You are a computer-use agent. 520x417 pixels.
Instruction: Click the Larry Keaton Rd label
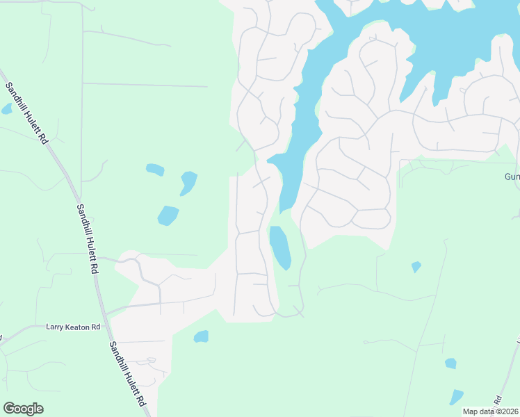click(73, 327)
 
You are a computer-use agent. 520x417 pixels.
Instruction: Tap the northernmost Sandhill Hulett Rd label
click(27, 113)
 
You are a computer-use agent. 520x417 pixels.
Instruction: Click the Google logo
click(23, 409)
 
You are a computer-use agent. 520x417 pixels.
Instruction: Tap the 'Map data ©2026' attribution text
click(491, 411)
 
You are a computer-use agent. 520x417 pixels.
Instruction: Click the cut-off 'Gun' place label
click(512, 177)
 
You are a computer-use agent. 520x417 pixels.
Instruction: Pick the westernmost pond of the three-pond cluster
click(155, 169)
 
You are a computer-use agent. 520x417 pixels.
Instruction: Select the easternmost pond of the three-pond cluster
click(188, 183)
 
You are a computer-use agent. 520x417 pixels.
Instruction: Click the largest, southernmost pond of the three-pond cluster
click(168, 215)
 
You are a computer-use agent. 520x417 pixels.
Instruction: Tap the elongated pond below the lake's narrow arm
click(280, 247)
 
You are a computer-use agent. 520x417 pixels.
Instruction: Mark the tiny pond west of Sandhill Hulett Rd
click(7, 109)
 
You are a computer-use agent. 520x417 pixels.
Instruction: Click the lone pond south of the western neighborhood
click(201, 336)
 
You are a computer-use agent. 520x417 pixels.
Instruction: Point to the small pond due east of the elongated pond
click(416, 266)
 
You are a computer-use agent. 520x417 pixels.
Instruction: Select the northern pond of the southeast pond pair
click(450, 363)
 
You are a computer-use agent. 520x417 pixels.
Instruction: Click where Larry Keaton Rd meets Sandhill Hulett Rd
click(106, 316)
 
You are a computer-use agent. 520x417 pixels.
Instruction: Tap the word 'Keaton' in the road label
click(74, 327)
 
